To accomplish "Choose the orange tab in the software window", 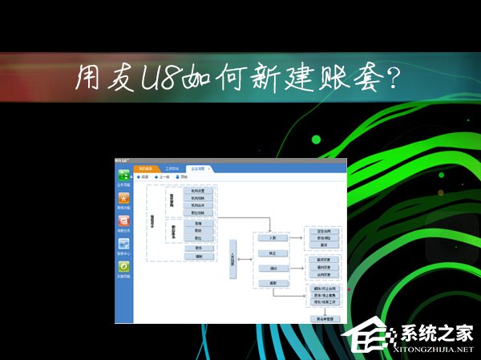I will point(143,168).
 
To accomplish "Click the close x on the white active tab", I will point(209,168).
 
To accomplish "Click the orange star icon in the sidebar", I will point(124,198).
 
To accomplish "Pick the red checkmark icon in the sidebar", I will point(124,221).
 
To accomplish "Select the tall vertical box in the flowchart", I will point(233,258).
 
